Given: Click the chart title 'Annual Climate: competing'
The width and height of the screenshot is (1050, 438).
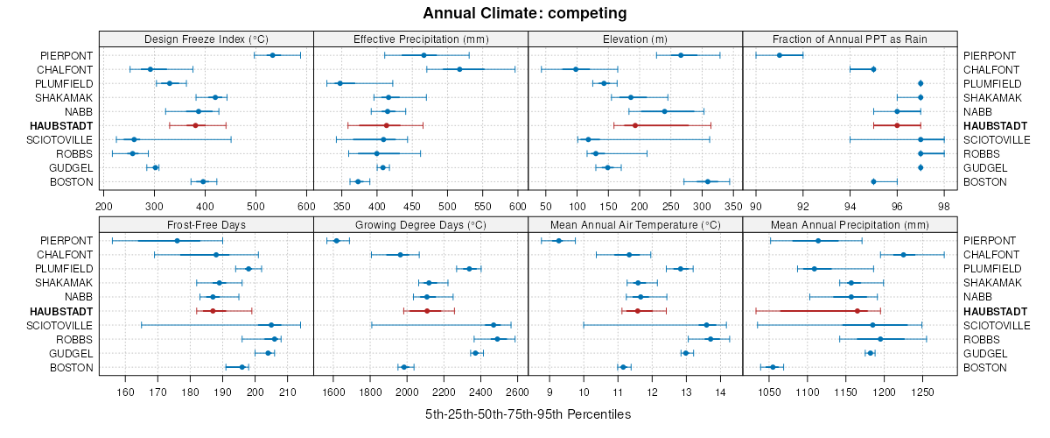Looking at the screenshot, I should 525,13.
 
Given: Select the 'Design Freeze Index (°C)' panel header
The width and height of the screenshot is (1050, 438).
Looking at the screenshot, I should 206,39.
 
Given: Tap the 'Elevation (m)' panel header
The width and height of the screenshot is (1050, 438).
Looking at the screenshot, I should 635,39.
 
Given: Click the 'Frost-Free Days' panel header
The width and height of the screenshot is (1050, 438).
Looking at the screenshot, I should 206,224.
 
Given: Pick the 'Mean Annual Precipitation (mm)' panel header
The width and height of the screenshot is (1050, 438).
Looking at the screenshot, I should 850,224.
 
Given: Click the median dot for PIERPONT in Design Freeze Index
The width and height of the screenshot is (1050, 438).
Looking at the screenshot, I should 272,55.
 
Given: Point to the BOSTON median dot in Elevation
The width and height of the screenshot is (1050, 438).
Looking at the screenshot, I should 708,181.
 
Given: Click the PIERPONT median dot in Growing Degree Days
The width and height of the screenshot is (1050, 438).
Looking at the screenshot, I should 336,241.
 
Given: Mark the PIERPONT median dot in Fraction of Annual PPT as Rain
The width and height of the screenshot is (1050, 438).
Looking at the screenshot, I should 780,55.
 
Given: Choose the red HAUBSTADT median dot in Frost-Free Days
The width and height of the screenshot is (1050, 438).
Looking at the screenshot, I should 213,311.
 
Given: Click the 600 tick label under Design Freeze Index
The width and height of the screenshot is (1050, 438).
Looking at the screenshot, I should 305,205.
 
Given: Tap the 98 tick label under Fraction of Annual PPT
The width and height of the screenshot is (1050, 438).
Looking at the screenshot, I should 943,205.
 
